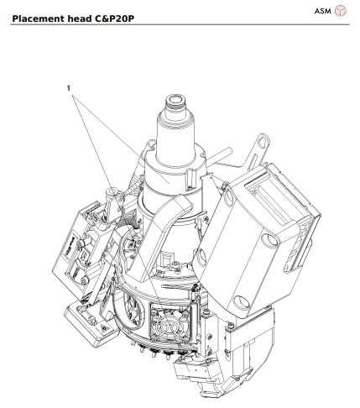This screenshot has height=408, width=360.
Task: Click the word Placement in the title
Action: tap(39, 18)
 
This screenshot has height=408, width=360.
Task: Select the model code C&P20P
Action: tap(114, 18)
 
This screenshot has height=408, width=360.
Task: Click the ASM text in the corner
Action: tap(322, 11)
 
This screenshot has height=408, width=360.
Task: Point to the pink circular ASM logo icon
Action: tap(341, 11)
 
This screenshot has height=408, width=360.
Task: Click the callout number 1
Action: tap(69, 88)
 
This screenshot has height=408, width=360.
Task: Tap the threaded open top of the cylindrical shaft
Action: tap(175, 101)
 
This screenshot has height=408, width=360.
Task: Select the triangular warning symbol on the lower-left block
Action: tap(104, 327)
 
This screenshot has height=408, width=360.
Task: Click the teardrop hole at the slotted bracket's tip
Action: tap(262, 142)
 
